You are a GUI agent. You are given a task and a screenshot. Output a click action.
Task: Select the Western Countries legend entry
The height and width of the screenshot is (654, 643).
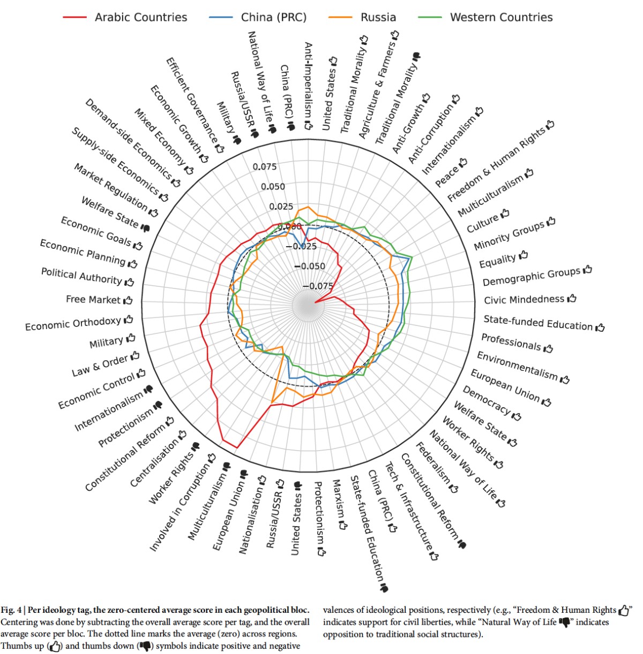pyautogui.click(x=500, y=17)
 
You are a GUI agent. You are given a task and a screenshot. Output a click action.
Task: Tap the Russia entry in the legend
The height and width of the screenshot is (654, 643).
pyautogui.click(x=378, y=17)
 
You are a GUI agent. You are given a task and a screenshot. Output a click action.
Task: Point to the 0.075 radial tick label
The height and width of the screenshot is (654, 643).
pyautogui.click(x=265, y=166)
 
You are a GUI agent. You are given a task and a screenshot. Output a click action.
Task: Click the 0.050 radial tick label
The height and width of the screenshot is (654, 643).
pyautogui.click(x=273, y=186)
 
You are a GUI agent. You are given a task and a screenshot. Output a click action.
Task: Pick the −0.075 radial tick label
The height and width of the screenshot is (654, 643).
pyautogui.click(x=317, y=286)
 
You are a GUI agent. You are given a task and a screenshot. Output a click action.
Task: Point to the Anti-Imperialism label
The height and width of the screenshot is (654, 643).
pyautogui.click(x=308, y=86)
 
